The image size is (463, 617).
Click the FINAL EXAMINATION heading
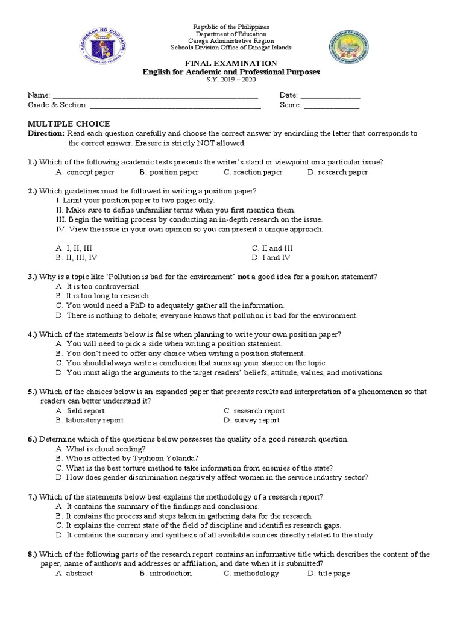(x=231, y=63)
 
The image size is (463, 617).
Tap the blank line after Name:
(x=156, y=96)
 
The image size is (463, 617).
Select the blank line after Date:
(x=330, y=96)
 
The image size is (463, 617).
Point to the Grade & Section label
(x=57, y=105)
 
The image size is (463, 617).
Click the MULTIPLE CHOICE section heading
(x=60, y=124)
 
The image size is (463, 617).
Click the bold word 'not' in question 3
(x=243, y=277)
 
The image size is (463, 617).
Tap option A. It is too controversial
(x=98, y=286)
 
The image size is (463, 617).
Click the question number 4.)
(x=33, y=334)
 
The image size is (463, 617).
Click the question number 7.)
(x=33, y=496)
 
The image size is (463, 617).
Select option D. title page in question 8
(x=328, y=573)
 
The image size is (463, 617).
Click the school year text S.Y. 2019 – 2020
(x=231, y=81)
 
